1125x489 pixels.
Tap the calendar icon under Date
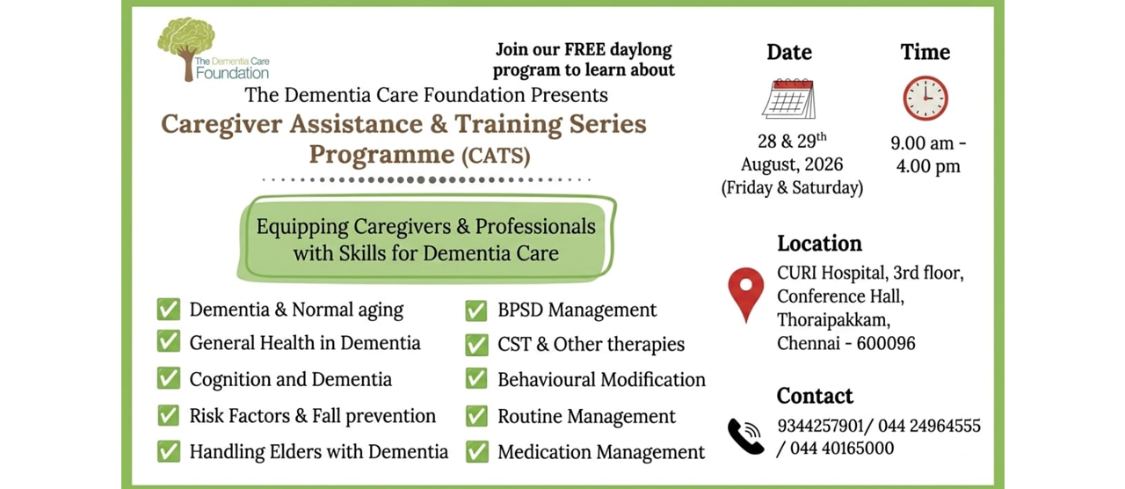pyautogui.click(x=789, y=99)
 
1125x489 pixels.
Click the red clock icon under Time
pyautogui.click(x=925, y=99)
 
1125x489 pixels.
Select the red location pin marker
pyautogui.click(x=746, y=295)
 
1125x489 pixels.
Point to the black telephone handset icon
pyautogui.click(x=746, y=436)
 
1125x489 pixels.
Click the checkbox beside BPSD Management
pyautogui.click(x=476, y=310)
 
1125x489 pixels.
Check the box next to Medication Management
pyautogui.click(x=476, y=452)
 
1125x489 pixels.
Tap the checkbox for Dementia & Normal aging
pyautogui.click(x=168, y=309)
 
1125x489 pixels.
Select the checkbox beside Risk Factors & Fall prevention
pyautogui.click(x=168, y=416)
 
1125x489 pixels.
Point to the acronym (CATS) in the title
pyautogui.click(x=496, y=156)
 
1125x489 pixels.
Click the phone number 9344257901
pyautogui.click(x=820, y=426)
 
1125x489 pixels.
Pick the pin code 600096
pyautogui.click(x=886, y=343)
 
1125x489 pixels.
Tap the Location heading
pyautogui.click(x=820, y=244)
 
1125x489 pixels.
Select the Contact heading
pyautogui.click(x=815, y=396)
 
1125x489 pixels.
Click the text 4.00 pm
pyautogui.click(x=928, y=166)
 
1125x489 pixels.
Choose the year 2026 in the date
pyautogui.click(x=824, y=164)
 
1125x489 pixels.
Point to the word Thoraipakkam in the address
pyautogui.click(x=833, y=320)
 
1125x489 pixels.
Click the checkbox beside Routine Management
pyautogui.click(x=476, y=416)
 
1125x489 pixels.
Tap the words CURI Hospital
pyautogui.click(x=831, y=273)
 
